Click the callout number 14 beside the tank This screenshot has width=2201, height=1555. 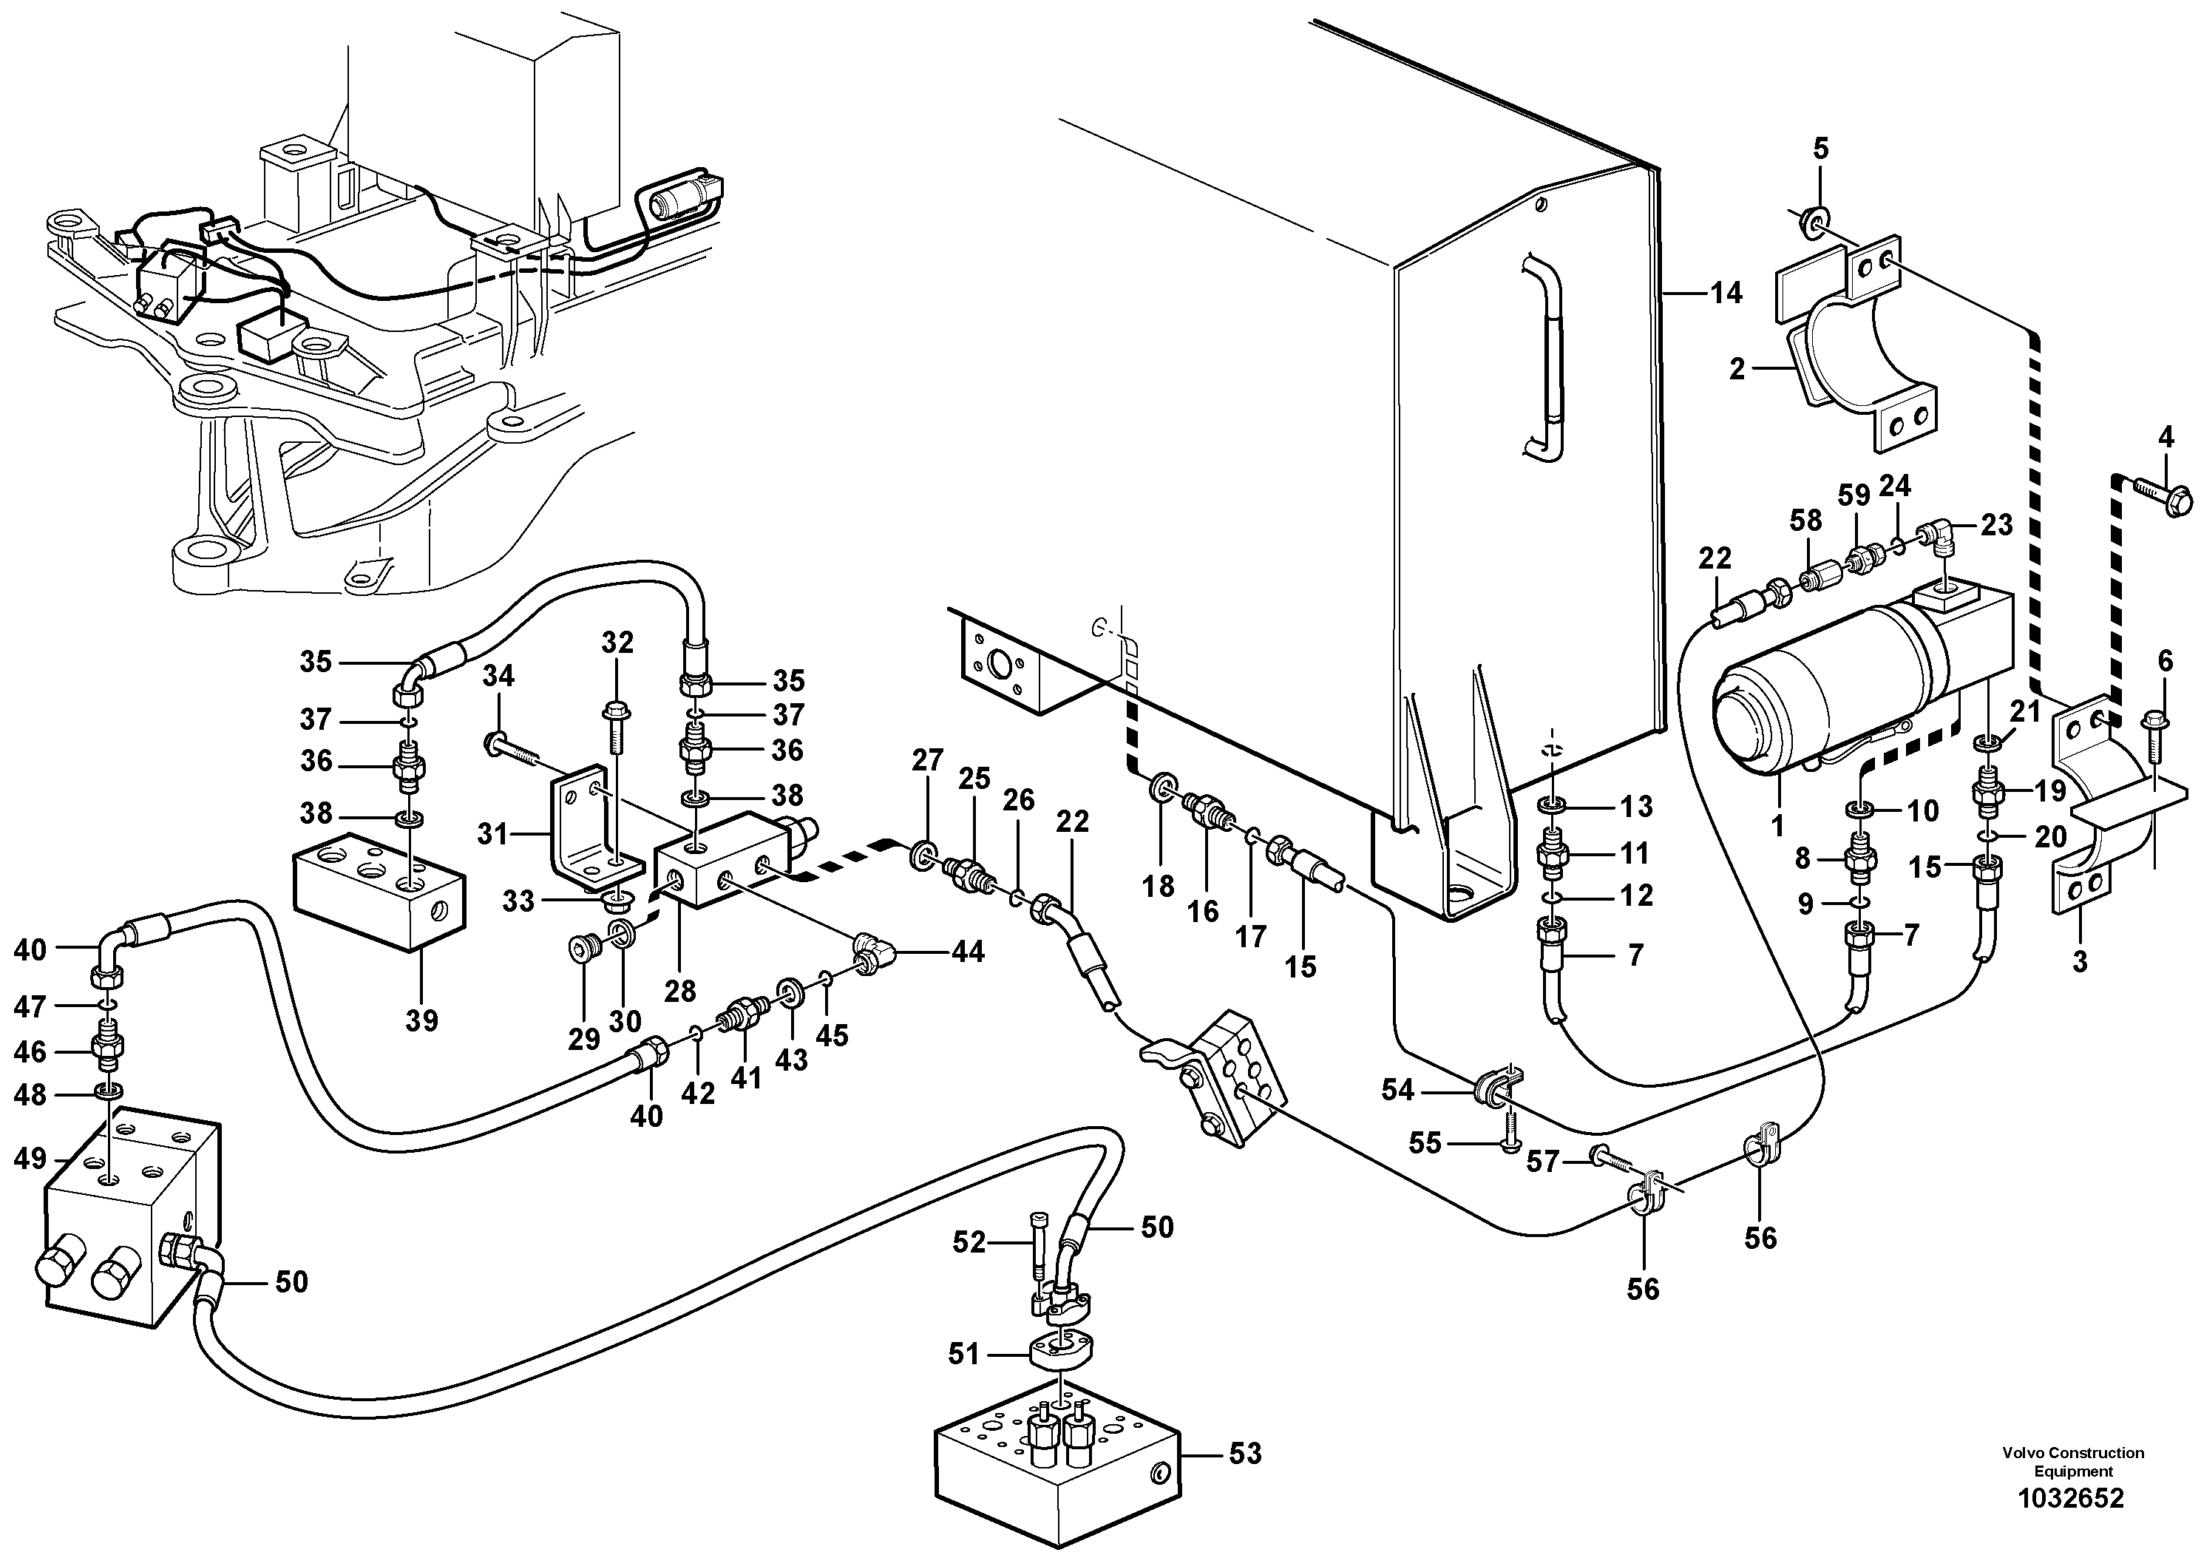pyautogui.click(x=1726, y=294)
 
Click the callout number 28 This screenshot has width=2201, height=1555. pyautogui.click(x=679, y=989)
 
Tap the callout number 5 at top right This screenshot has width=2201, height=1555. pyautogui.click(x=1820, y=149)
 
